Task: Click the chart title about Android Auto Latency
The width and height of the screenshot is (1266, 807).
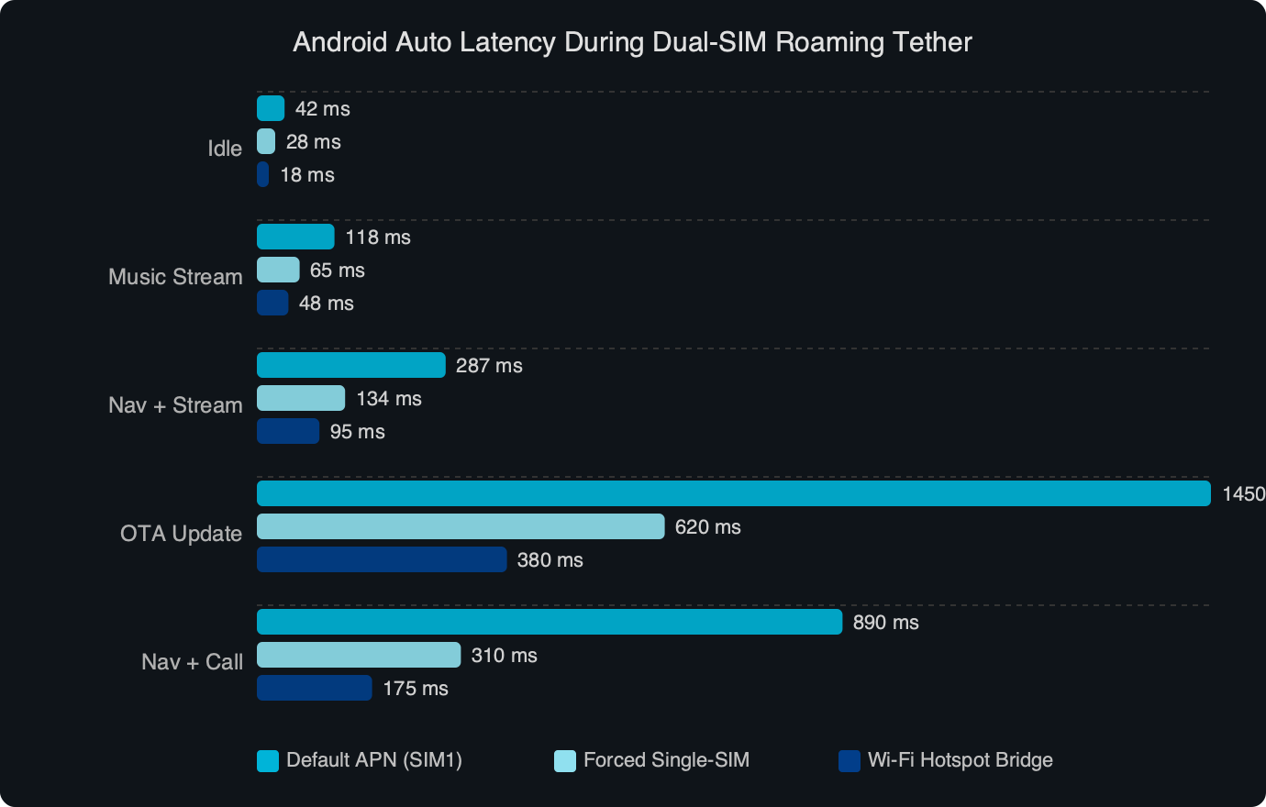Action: (632, 42)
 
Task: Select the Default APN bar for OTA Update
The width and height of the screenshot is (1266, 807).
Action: (733, 493)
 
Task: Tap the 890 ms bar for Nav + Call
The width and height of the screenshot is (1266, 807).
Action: (549, 622)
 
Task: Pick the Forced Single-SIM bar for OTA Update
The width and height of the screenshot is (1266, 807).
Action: (460, 526)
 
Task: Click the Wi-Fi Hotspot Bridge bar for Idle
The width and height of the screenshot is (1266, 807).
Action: (263, 174)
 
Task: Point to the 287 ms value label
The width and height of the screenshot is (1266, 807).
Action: (489, 366)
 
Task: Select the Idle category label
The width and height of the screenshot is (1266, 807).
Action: (225, 149)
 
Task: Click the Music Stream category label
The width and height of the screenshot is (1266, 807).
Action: (175, 277)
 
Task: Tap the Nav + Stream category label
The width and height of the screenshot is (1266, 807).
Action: (175, 405)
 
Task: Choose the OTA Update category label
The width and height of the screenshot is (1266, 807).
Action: (181, 534)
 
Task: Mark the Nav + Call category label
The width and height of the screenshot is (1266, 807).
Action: (192, 662)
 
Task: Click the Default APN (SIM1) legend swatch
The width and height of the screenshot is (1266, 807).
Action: (268, 760)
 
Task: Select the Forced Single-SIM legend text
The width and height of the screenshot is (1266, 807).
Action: (666, 760)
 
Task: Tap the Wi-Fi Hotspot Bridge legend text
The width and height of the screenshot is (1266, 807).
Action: (960, 760)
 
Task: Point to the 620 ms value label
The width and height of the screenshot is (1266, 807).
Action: (707, 527)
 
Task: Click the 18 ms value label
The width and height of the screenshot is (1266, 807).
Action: (307, 175)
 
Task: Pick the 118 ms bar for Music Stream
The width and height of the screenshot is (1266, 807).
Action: (295, 237)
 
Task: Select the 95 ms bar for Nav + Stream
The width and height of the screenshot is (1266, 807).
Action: (288, 431)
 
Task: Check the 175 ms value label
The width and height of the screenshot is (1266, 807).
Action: (416, 689)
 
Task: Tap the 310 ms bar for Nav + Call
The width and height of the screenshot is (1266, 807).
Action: (358, 655)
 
